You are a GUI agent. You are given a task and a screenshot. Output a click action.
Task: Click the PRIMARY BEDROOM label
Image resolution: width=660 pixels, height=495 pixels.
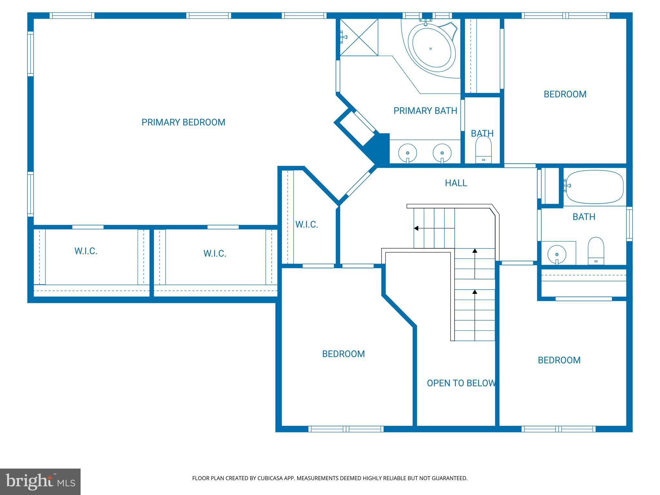[183, 122]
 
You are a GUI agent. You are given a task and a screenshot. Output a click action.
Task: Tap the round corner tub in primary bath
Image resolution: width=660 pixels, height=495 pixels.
[431, 49]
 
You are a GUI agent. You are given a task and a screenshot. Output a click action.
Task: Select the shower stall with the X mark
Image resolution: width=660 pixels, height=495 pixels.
[359, 37]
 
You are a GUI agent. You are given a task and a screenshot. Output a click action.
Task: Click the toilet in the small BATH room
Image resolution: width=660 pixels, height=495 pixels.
[483, 150]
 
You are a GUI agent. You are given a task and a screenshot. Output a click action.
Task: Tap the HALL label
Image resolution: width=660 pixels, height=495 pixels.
[456, 183]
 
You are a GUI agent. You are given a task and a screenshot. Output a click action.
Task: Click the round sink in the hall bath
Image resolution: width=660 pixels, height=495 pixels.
[557, 254]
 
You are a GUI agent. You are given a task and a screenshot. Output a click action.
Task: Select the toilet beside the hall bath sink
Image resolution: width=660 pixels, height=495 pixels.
[596, 251]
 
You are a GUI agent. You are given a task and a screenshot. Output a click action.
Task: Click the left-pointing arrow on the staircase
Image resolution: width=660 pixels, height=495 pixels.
[416, 228]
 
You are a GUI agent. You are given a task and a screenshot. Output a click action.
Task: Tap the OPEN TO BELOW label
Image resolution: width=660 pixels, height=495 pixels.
[461, 383]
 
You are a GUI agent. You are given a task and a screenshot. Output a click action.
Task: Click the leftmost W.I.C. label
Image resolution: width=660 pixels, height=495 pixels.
[86, 251]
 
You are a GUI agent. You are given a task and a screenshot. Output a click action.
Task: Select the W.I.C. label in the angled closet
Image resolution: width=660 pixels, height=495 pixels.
[306, 225]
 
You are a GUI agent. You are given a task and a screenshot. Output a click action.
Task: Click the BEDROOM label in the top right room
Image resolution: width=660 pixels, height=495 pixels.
[565, 94]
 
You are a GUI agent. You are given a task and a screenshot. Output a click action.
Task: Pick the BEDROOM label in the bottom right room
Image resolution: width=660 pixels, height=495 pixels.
[559, 360]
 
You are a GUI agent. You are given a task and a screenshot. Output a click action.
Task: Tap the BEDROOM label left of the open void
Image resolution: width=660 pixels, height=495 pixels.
[343, 354]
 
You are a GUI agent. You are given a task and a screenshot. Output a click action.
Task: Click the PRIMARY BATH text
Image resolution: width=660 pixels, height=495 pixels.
[425, 111]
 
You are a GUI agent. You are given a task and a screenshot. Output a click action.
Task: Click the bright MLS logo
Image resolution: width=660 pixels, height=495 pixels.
[40, 481]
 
